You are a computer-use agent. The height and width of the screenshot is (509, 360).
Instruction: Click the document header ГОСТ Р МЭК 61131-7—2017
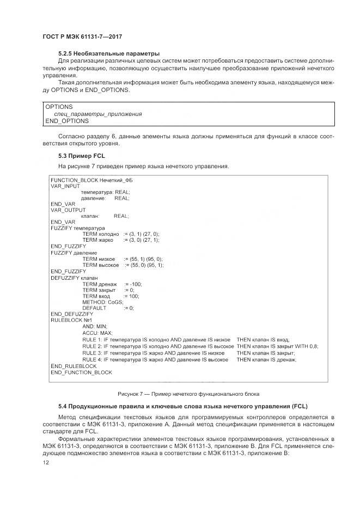[82, 36]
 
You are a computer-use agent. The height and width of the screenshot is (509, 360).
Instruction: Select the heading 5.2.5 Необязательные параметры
[109, 53]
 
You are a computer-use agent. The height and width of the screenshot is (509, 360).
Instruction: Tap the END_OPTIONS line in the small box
[67, 121]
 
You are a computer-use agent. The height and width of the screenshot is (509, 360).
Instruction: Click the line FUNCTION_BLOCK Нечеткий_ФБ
[91, 180]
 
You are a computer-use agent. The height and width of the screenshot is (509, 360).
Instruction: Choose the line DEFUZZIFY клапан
[74, 278]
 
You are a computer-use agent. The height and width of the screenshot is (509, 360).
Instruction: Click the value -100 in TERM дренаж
[135, 284]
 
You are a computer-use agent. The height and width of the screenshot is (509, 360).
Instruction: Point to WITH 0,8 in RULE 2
[307, 346]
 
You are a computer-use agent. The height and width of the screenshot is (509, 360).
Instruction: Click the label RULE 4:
[92, 359]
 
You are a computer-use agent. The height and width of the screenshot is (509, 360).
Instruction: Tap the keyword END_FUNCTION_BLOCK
[81, 372]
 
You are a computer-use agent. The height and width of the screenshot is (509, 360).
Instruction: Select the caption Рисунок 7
[188, 393]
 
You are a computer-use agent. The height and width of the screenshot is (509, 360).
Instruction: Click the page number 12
[46, 463]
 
